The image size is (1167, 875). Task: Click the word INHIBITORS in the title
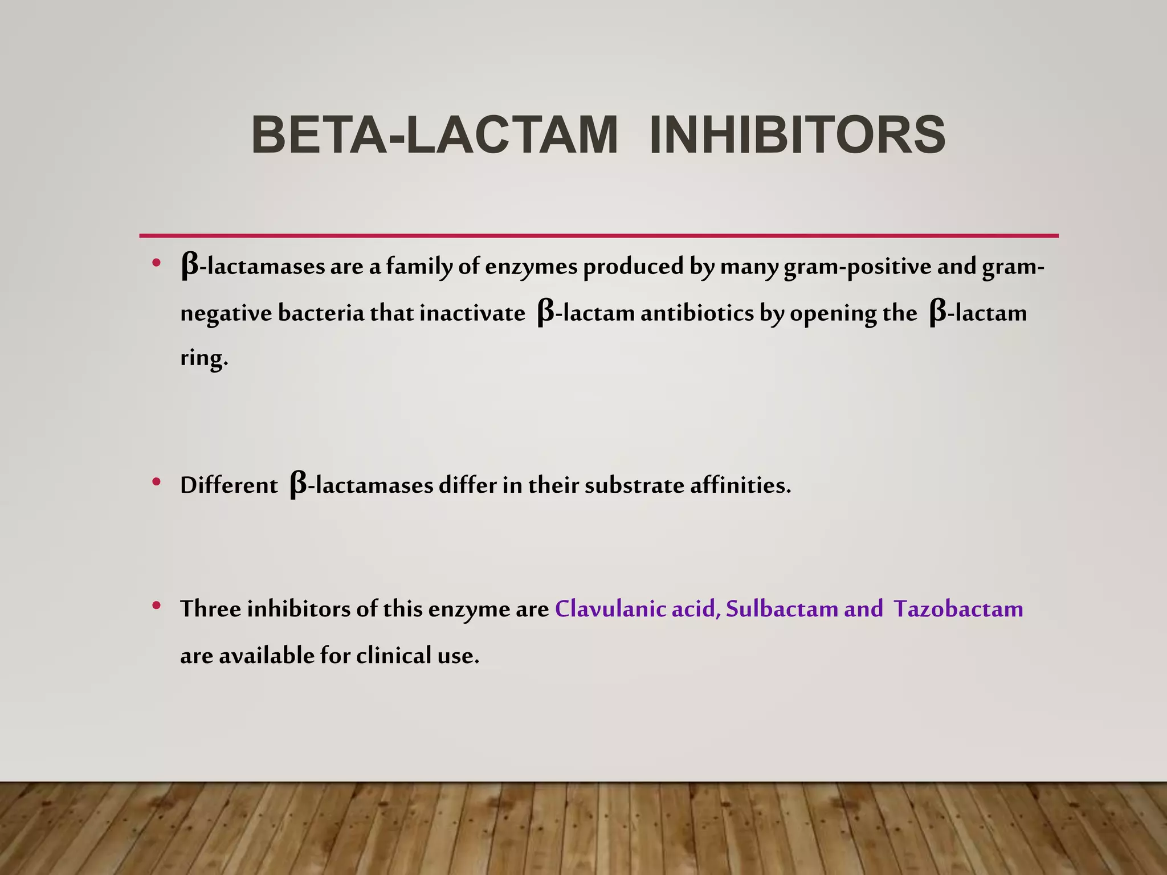point(797,135)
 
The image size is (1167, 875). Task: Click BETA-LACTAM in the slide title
point(434,135)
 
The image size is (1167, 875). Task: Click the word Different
point(228,485)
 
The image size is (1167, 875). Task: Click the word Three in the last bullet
point(210,609)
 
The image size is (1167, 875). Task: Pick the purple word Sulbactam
point(782,609)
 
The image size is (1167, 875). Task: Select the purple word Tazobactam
point(958,609)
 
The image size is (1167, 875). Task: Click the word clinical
point(394,656)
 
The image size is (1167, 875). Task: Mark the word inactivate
point(472,313)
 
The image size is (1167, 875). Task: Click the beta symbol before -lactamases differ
point(299,485)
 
